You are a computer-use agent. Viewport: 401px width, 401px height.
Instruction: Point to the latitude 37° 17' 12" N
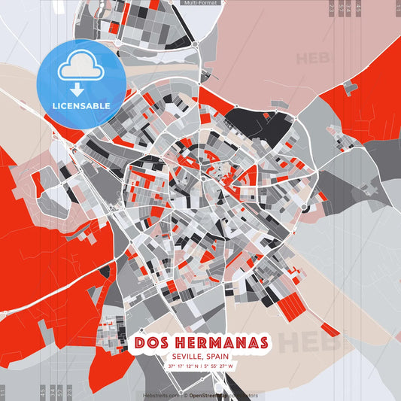tap(184, 366)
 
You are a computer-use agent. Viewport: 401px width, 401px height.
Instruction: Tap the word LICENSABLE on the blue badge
tap(81, 105)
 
